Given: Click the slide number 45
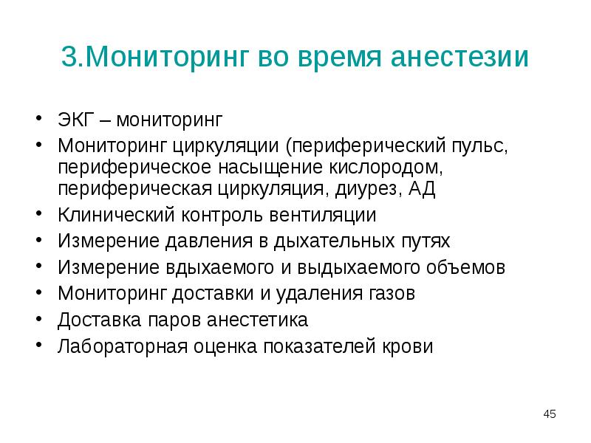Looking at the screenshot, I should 549,414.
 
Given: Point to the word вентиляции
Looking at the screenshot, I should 324,216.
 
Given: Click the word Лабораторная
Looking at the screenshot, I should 120,346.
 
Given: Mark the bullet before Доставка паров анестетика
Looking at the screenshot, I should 38,320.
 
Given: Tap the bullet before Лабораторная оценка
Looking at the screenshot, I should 38,346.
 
